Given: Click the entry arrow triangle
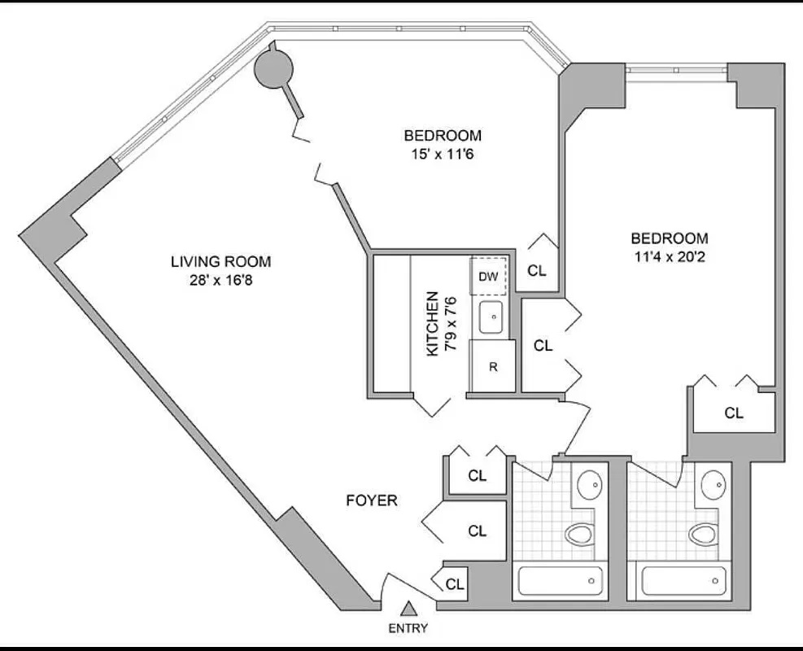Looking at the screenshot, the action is (408, 608).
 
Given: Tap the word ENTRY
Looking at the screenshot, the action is (408, 628).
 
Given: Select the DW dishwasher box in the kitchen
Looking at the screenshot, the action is (489, 277).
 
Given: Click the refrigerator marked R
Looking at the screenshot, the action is (493, 366).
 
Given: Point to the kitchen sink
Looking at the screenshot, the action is (491, 317).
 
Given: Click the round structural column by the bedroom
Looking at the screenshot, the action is (274, 67).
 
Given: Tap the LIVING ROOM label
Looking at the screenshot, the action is (220, 262).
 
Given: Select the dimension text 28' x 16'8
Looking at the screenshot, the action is (220, 281).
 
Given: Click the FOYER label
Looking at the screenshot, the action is (372, 500).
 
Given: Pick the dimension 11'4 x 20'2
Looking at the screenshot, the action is (670, 257).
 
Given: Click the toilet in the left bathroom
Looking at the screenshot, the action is (580, 533).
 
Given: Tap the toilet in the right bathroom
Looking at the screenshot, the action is (703, 534).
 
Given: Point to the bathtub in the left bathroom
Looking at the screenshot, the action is (561, 581).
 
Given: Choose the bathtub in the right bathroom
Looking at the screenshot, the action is (684, 581).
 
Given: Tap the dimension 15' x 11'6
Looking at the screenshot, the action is (443, 154).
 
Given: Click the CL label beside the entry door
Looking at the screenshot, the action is (455, 584).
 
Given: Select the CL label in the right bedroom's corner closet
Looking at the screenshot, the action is (734, 413).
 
